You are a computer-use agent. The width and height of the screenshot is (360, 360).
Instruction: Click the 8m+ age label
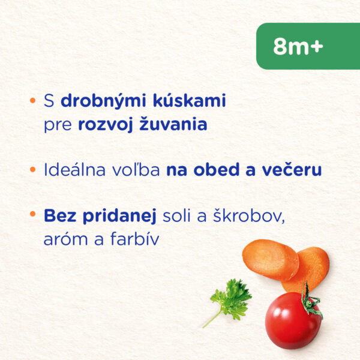(x=298, y=46)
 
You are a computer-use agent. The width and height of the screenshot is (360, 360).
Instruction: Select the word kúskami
(x=190, y=100)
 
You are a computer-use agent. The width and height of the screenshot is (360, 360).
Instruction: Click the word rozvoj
(x=106, y=125)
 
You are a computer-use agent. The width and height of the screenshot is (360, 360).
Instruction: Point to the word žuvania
(x=173, y=124)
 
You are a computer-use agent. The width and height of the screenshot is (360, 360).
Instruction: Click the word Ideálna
(x=74, y=169)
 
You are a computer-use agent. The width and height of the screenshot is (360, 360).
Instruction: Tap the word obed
(x=213, y=169)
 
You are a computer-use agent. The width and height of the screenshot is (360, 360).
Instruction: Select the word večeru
(x=292, y=169)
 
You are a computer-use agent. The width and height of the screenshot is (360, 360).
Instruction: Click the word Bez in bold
(x=60, y=216)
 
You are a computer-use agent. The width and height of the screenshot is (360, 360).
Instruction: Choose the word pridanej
(x=119, y=216)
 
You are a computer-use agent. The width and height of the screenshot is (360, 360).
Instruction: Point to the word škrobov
(x=248, y=216)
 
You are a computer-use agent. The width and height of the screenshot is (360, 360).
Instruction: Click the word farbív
(x=134, y=239)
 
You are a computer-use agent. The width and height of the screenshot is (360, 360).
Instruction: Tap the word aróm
(x=65, y=239)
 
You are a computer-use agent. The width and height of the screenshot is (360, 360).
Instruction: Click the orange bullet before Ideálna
(x=33, y=169)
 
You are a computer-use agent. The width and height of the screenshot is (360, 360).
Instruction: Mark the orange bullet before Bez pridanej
(x=33, y=214)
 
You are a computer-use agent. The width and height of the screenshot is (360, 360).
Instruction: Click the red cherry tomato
(x=293, y=320)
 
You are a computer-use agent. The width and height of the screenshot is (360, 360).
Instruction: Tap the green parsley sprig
(x=231, y=301)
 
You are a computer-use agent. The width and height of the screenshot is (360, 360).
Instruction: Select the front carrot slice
(x=271, y=259)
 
